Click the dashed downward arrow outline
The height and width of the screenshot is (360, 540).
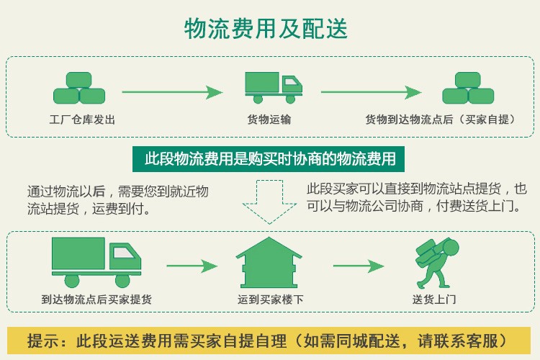point(269,201)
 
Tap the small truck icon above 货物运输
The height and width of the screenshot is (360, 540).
point(273,86)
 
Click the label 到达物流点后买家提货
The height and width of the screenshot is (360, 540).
point(96,299)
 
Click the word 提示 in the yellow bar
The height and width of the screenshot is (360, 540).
point(44,340)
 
